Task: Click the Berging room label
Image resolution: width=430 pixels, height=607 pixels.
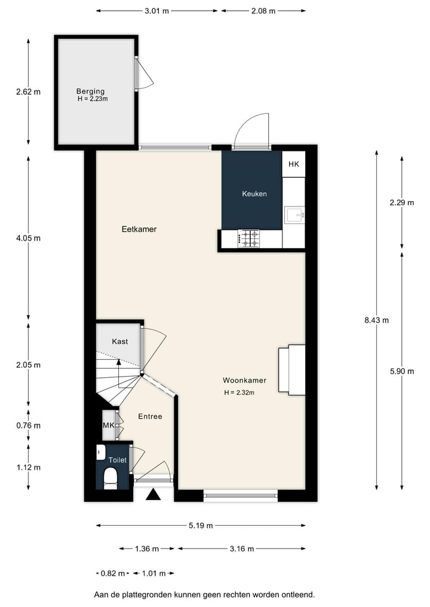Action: (90, 91)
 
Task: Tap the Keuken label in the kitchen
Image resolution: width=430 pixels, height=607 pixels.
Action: (254, 194)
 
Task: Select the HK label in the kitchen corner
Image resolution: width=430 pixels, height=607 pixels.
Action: (293, 165)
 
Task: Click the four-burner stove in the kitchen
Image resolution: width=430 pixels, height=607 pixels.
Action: (250, 239)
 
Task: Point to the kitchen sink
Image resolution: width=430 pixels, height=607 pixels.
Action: (295, 213)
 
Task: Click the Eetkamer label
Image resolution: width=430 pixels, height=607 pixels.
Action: (139, 229)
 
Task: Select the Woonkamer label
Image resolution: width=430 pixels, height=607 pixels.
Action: (244, 380)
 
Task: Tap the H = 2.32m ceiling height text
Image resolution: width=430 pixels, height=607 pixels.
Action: (239, 393)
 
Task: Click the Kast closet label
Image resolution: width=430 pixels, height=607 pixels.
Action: (120, 341)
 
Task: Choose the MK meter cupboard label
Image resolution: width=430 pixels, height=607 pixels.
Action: (109, 425)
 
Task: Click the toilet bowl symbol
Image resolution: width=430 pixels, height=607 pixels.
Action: (110, 478)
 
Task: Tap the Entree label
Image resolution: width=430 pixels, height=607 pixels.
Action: (150, 417)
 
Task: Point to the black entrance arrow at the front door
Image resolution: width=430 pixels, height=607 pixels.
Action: (153, 494)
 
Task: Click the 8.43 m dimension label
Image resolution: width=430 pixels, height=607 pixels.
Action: (376, 320)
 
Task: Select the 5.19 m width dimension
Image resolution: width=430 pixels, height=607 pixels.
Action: (201, 526)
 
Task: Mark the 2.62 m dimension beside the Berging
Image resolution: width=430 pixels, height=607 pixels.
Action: (28, 92)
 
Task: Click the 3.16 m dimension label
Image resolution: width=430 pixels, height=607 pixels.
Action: (242, 549)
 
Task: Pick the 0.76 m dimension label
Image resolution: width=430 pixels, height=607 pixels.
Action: (28, 426)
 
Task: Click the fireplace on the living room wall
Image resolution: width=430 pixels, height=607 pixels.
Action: (292, 369)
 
